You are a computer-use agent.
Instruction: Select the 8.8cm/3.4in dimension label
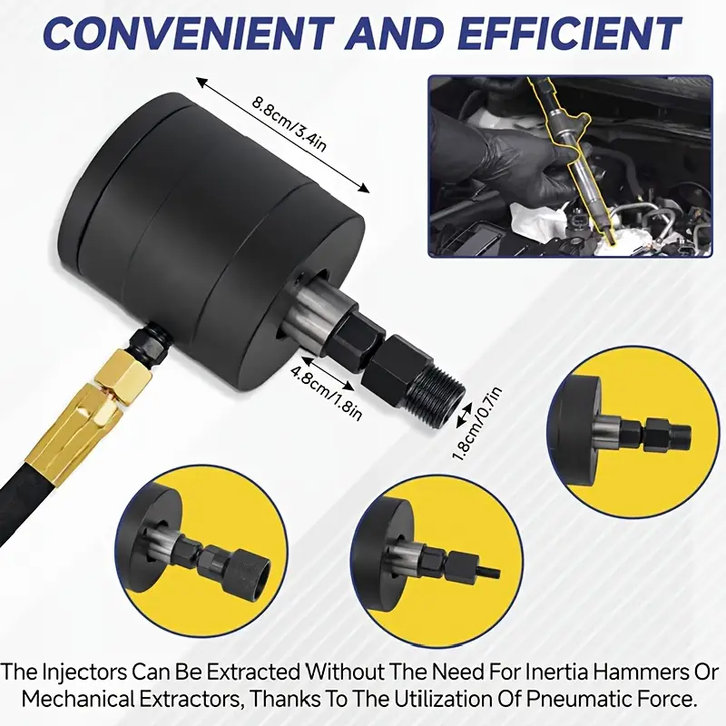click(289, 123)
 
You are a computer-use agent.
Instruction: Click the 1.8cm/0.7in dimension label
click(477, 424)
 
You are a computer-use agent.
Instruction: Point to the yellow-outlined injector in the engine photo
click(574, 152)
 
